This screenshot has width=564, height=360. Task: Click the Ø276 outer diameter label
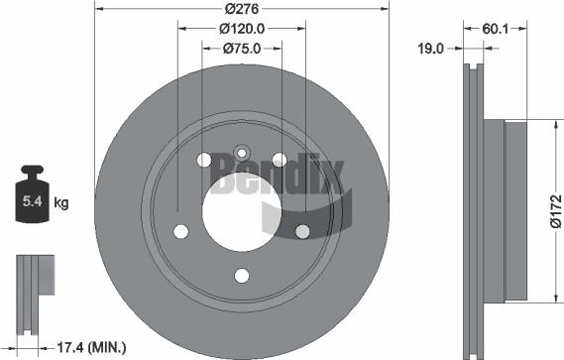(242, 9)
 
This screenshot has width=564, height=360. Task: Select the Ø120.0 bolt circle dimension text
(242, 29)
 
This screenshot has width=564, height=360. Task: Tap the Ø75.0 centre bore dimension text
(242, 49)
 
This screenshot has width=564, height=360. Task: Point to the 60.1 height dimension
(496, 29)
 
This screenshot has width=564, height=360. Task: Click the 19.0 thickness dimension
(430, 49)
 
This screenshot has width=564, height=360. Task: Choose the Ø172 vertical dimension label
(556, 211)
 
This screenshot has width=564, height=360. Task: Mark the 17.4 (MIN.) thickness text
(92, 348)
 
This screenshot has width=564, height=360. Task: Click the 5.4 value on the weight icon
(33, 201)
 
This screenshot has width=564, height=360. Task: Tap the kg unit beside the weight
(61, 203)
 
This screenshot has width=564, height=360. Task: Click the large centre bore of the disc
(242, 212)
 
